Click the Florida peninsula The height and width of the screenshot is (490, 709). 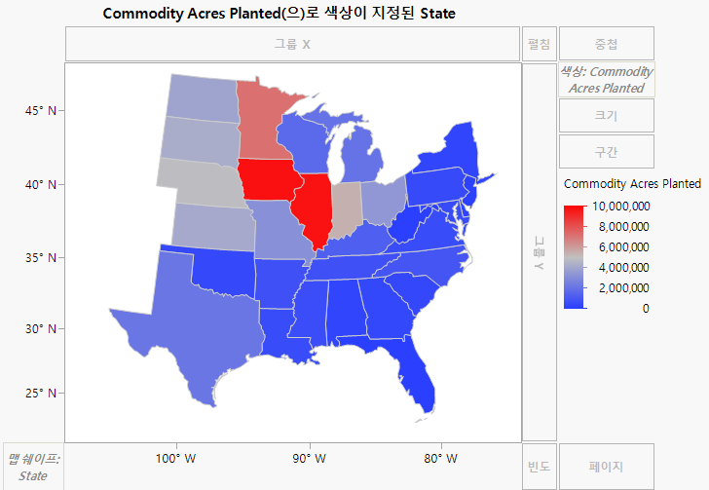click(421, 375)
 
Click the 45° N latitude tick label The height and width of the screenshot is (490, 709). click(39, 111)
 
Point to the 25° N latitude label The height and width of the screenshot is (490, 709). click(39, 394)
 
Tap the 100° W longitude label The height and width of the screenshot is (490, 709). click(175, 458)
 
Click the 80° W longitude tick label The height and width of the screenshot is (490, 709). click(440, 458)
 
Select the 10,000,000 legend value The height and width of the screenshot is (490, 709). click(620, 207)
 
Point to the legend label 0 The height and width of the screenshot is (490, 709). click(646, 309)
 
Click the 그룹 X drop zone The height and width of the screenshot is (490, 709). click(292, 44)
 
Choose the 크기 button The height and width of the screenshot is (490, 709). click(606, 115)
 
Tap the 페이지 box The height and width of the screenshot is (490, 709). click(606, 467)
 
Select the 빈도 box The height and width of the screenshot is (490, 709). click(539, 467)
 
